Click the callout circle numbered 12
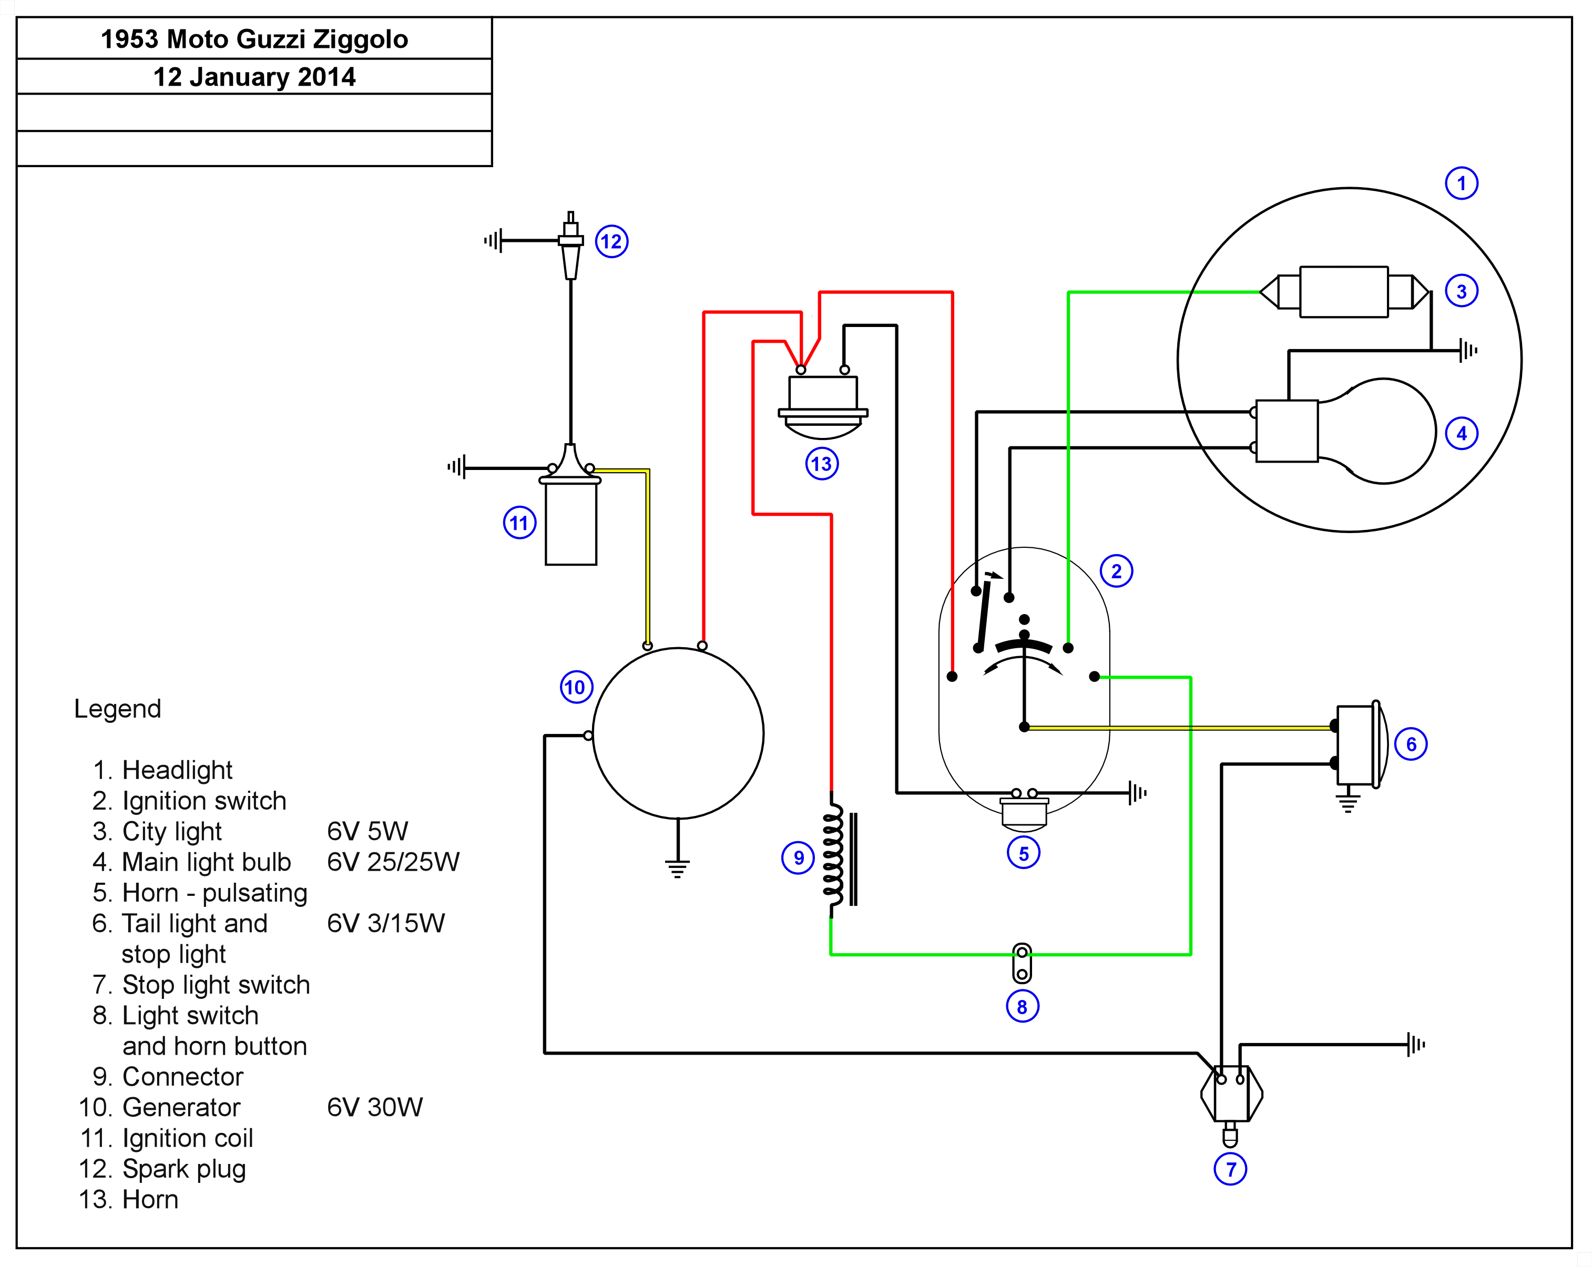pos(611,241)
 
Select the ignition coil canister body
pos(571,524)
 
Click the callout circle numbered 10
pos(576,688)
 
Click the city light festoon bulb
pos(1343,292)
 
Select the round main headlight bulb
pos(1381,431)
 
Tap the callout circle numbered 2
pos(1116,571)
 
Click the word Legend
pos(117,709)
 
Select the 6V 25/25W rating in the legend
pos(393,862)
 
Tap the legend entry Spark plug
pos(184,1169)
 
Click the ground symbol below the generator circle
pos(677,867)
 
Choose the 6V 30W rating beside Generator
pos(374,1108)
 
